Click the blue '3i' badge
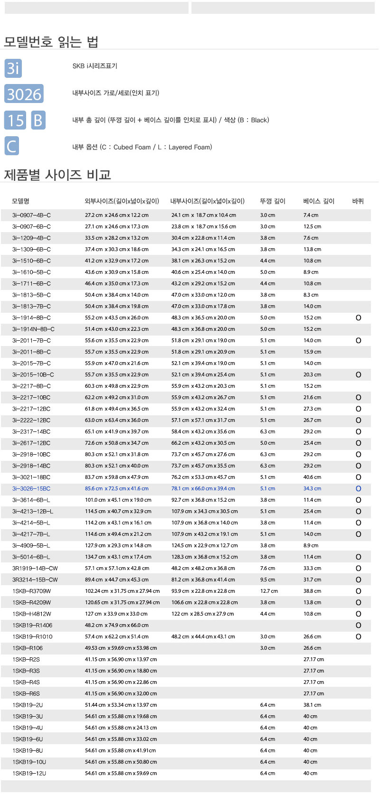(13, 68)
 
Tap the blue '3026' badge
(24, 94)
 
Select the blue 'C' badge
(11, 146)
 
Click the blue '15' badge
(16, 120)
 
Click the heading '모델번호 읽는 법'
(51, 42)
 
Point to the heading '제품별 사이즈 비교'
(57, 175)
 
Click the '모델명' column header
(21, 201)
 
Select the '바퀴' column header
(358, 201)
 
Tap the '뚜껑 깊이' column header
(273, 201)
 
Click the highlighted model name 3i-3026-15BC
(31, 488)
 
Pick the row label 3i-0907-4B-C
(31, 215)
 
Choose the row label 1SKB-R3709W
(32, 591)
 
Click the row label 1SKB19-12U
(29, 773)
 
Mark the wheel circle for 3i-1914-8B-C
(359, 318)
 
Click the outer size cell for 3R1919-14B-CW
(117, 568)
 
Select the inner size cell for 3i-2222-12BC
(203, 420)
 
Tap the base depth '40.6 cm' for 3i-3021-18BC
(312, 477)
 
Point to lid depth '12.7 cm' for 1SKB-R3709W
(269, 591)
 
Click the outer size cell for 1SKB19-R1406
(117, 625)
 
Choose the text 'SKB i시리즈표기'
(95, 66)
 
